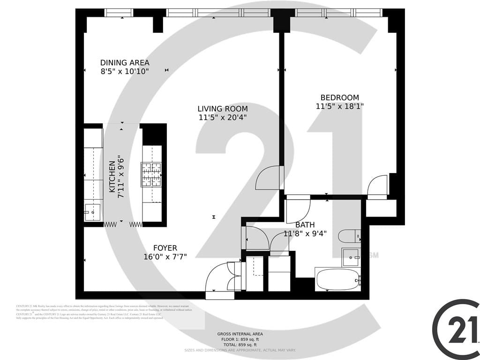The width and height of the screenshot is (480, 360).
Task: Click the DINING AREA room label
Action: [x=125, y=63]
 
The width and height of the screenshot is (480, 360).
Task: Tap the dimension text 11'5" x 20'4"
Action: [x=222, y=118]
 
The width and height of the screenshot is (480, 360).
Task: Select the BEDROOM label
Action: [x=339, y=97]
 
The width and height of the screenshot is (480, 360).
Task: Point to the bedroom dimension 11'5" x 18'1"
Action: [x=339, y=106]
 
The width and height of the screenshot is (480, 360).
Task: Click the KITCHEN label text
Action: [x=112, y=177]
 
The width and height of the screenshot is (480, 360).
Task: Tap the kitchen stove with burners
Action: [x=151, y=175]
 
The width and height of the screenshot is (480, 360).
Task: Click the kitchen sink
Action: [x=92, y=212]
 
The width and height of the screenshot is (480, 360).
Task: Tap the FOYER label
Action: [x=165, y=248]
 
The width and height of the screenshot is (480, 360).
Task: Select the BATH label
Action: [x=305, y=225]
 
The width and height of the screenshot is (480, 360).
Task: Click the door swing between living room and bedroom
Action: [x=269, y=178]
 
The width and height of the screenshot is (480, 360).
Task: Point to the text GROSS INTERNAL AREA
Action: [x=237, y=333]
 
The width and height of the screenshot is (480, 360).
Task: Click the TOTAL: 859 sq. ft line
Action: [x=237, y=345]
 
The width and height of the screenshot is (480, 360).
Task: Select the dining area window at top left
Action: [x=119, y=13]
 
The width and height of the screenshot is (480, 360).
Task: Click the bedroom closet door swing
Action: [x=378, y=186]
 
